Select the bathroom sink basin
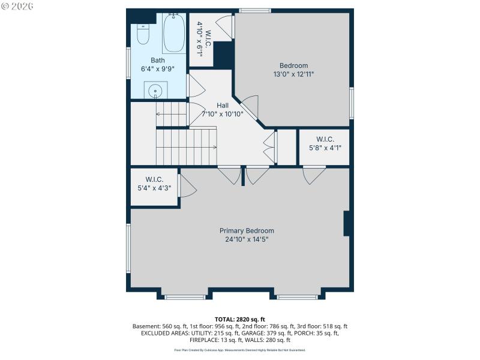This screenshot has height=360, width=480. pos(155,91)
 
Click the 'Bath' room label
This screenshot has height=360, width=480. pos(157,60)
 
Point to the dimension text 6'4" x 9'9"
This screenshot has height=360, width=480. pos(157,69)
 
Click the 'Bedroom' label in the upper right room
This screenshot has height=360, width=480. pos(293,66)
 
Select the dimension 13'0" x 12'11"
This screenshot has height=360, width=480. pos(293,74)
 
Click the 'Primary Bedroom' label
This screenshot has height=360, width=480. pos(247,230)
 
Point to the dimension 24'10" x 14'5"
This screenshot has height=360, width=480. pos(247,239)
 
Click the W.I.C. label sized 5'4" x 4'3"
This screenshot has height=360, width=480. pos(154,179)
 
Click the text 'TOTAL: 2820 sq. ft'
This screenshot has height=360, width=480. pos(240,319)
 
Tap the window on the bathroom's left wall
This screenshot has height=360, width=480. pos(128,62)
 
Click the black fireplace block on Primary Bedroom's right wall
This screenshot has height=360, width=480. pos(347,223)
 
